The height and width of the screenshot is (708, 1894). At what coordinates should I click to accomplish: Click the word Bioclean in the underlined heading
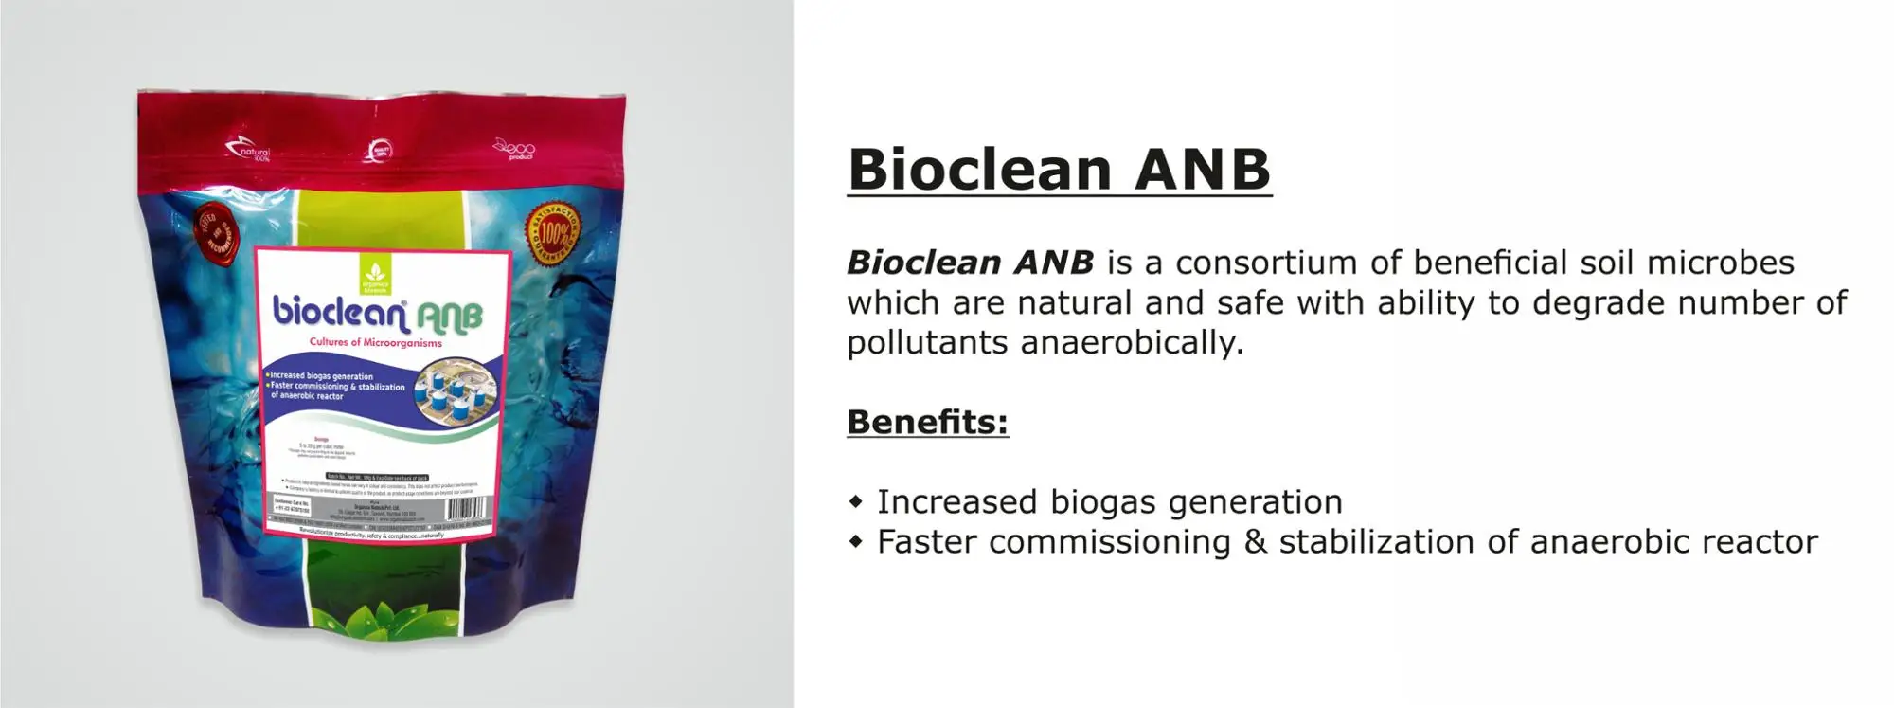point(979,170)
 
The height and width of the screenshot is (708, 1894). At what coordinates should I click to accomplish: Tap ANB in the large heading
point(1202,170)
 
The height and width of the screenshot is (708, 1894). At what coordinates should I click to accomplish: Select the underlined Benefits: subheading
point(927,422)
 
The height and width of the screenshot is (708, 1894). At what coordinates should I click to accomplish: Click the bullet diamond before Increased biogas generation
point(856,501)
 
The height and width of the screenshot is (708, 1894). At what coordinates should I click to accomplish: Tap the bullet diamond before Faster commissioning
point(856,542)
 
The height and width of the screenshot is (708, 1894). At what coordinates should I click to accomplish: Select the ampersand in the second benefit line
point(1255,542)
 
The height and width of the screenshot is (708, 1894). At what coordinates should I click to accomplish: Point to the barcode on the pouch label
point(466,509)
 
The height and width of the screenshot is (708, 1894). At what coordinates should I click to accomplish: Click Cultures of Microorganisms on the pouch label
point(375,343)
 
